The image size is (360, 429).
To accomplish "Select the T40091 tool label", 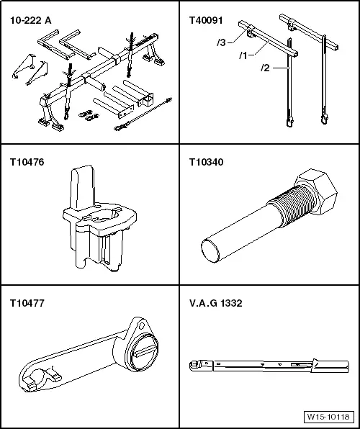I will point(205,21).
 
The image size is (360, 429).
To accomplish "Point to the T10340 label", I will point(204,163).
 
